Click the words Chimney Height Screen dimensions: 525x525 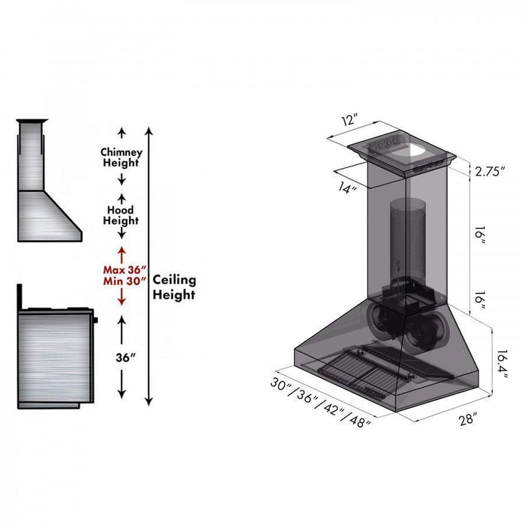(x=121, y=157)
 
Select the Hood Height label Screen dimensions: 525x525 (x=121, y=215)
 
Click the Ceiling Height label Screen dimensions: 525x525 (x=175, y=286)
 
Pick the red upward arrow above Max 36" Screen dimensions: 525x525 (x=121, y=253)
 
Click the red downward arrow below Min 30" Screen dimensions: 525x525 (x=121, y=298)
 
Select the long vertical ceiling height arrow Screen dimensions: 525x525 (x=149, y=266)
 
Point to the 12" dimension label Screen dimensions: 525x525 (x=349, y=120)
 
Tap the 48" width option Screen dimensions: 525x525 (x=359, y=423)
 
